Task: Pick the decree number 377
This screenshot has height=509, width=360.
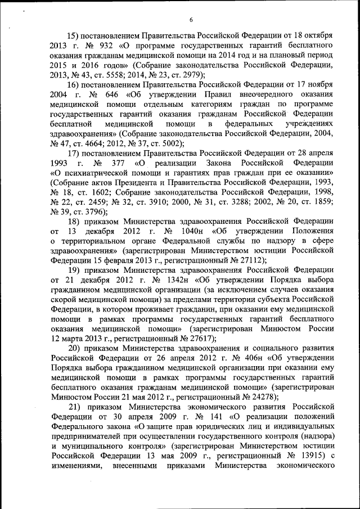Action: click(x=114, y=163)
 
